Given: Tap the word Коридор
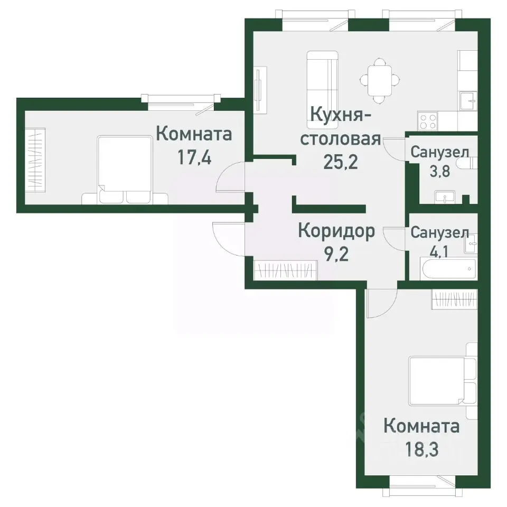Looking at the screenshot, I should tap(336, 231).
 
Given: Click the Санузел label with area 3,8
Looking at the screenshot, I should tap(439, 153).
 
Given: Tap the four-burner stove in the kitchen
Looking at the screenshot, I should tap(428, 121).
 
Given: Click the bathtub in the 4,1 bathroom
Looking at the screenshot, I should tap(448, 270).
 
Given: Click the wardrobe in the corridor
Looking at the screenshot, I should tap(285, 270).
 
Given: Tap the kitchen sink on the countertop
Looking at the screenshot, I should tap(467, 100).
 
